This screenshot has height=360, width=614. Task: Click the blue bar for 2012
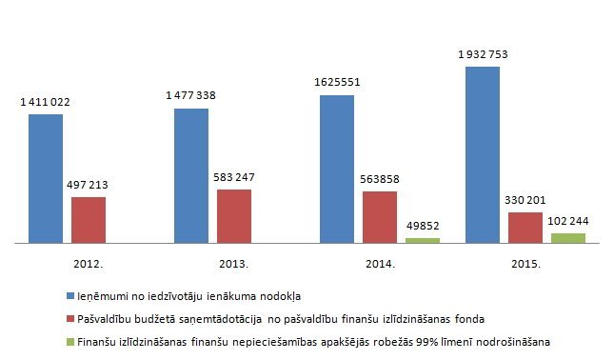point(46,179)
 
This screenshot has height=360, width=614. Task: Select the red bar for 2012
point(89,220)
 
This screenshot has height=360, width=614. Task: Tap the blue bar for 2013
point(191,176)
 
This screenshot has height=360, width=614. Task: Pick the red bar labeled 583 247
point(234,216)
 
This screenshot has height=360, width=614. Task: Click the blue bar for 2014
point(337,170)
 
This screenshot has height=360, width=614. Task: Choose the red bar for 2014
point(380,217)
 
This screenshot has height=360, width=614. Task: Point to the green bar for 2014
point(423,241)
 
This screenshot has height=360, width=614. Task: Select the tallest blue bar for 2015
point(483,155)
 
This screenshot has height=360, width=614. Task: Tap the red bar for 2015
point(525,228)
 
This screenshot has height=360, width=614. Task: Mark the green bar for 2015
point(568,238)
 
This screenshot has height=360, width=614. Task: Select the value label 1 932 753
point(484,53)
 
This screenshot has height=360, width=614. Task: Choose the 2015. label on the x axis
point(525,263)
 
